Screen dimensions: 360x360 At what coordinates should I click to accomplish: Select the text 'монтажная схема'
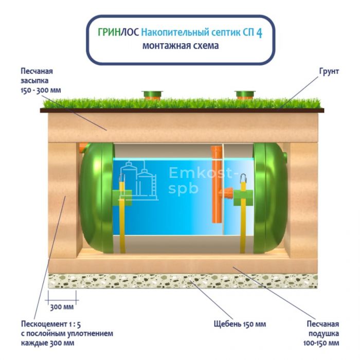click(x=180, y=46)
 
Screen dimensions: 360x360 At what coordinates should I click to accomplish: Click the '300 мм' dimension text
click(x=62, y=308)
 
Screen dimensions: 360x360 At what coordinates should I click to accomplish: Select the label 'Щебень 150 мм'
click(x=240, y=325)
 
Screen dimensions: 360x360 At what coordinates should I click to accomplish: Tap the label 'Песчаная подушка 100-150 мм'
click(x=323, y=333)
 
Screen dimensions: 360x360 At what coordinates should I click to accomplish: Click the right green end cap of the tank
click(x=268, y=198)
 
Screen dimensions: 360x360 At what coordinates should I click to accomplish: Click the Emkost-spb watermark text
click(x=201, y=181)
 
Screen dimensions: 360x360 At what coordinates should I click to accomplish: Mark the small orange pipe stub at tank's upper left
click(x=83, y=148)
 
